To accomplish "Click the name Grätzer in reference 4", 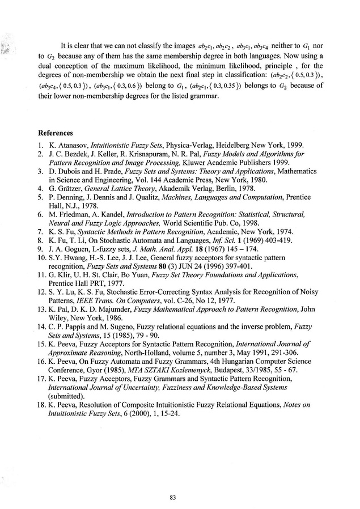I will point(75,186).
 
